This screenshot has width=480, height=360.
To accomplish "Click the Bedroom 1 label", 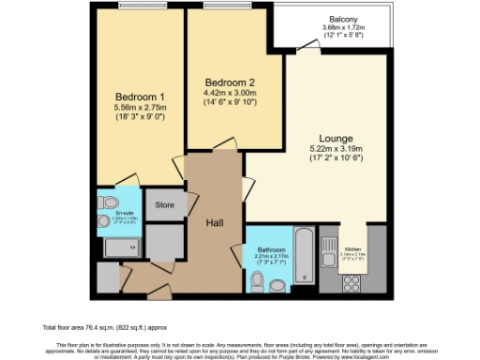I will point(141,97).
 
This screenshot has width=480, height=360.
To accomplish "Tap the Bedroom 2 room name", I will point(229,82).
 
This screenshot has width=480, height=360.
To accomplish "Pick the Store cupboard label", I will point(165,203).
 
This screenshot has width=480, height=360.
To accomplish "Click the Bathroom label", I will point(272,248).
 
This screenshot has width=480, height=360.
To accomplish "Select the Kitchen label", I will point(352,248).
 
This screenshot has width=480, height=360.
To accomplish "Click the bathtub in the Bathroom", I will point(306,257).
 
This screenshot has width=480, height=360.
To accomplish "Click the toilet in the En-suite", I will point(108,202).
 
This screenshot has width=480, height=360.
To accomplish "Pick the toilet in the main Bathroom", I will point(258,278).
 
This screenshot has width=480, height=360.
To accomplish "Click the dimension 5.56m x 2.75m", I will point(141,110).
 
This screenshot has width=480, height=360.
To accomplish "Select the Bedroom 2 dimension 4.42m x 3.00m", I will point(229,94).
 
